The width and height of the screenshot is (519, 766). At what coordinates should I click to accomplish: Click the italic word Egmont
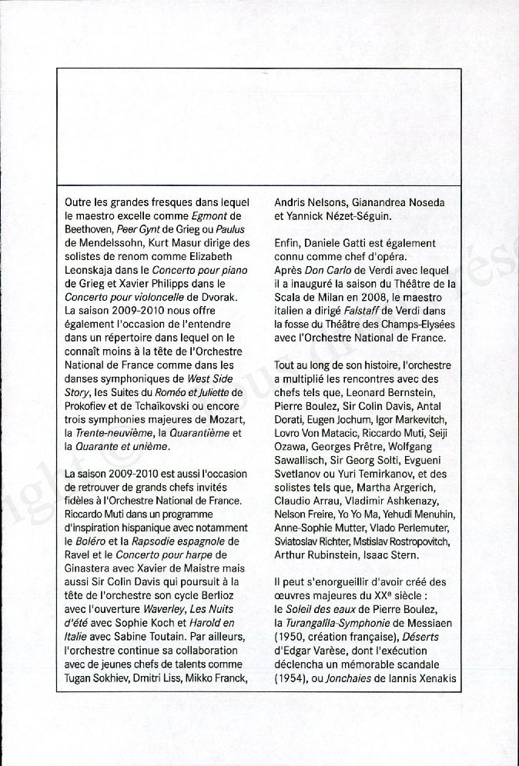pos(209,216)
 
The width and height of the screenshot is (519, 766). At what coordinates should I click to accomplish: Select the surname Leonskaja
pos(94,270)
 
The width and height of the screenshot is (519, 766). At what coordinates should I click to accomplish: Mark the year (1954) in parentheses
pos(290,677)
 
